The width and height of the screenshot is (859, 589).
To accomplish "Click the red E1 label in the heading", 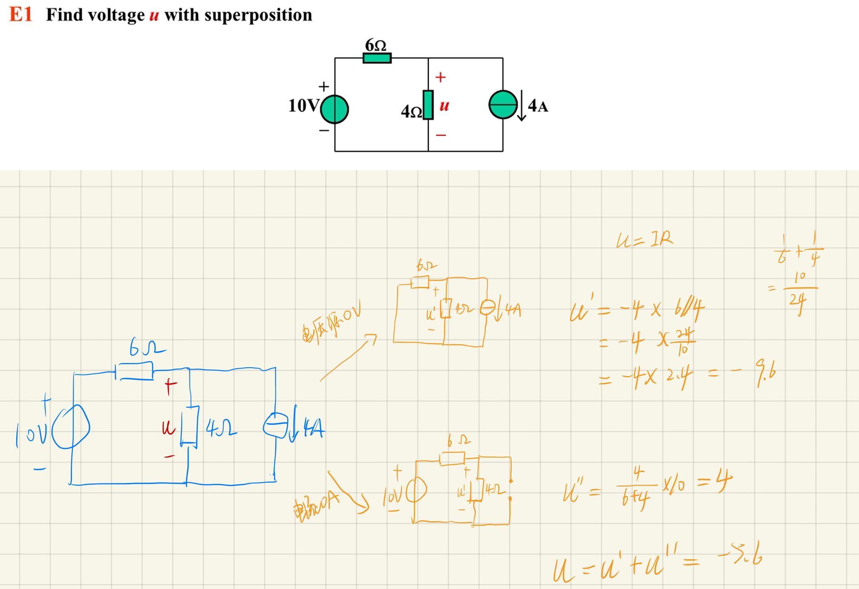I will (x=20, y=14).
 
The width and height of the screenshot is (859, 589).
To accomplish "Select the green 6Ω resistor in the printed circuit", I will (x=377, y=58).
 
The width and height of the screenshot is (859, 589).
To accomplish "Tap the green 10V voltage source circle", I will (x=335, y=109).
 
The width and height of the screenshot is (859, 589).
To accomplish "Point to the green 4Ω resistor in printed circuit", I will (x=428, y=105).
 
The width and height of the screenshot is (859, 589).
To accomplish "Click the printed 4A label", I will (x=538, y=106).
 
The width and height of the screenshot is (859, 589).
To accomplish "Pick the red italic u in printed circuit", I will (x=444, y=106).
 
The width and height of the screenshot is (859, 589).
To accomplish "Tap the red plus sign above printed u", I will (x=441, y=77).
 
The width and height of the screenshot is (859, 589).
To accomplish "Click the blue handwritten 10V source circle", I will (x=71, y=427).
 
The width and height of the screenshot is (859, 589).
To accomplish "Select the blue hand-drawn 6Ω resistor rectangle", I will (x=135, y=371).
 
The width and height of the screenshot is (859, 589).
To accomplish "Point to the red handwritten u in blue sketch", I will (x=168, y=427).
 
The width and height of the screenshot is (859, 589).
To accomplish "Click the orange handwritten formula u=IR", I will (x=644, y=240).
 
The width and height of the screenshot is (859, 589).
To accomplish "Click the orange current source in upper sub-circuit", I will (x=488, y=308).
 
